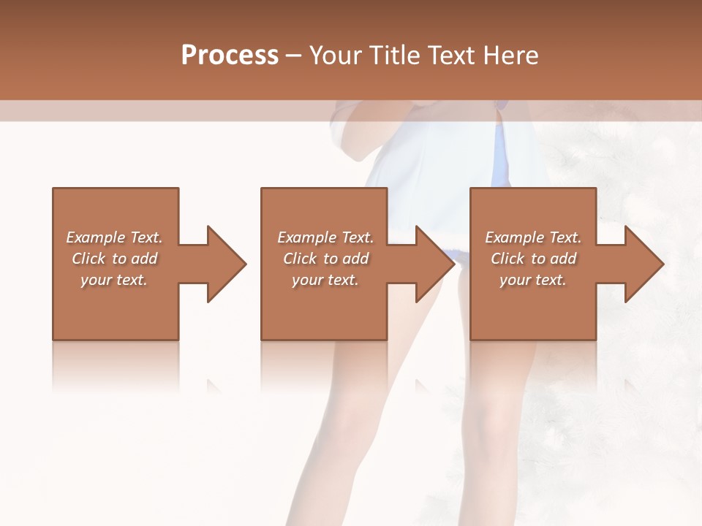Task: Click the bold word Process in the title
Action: pos(230,55)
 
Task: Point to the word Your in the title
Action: pos(335,55)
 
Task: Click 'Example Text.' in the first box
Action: pos(114,237)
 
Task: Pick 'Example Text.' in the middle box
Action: pos(325,237)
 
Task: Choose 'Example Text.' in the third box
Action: pos(533,237)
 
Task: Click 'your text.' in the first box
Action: pos(114,280)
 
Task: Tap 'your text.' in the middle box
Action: pos(325,280)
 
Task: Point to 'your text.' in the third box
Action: pos(533,280)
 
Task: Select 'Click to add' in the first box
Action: pos(114,259)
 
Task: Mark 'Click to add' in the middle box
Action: pos(325,259)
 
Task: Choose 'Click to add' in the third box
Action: pos(533,259)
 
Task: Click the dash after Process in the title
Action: pos(294,56)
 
